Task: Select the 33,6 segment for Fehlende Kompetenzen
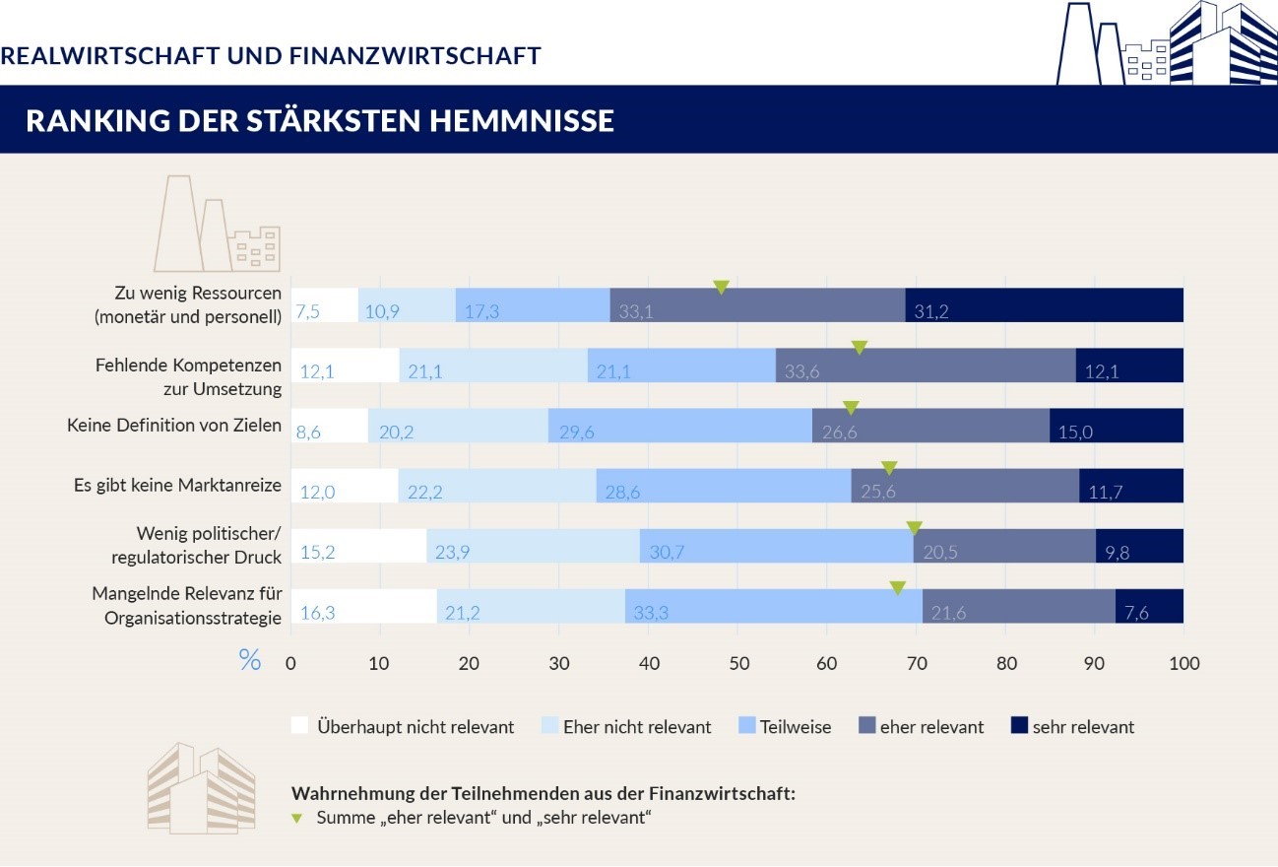pos(799,371)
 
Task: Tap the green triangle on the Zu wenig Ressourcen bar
pos(721,287)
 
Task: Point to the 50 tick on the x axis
pos(738,663)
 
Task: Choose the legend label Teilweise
pos(796,727)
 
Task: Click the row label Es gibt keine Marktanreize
pos(177,485)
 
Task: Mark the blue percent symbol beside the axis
pos(250,660)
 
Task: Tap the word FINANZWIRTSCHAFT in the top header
pos(415,55)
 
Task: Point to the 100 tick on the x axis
pos(1183,663)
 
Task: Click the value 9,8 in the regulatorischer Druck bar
pos(1117,553)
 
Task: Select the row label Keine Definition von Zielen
pos(174,426)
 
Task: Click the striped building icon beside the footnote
pos(200,788)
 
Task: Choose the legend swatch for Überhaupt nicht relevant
pos(299,726)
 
